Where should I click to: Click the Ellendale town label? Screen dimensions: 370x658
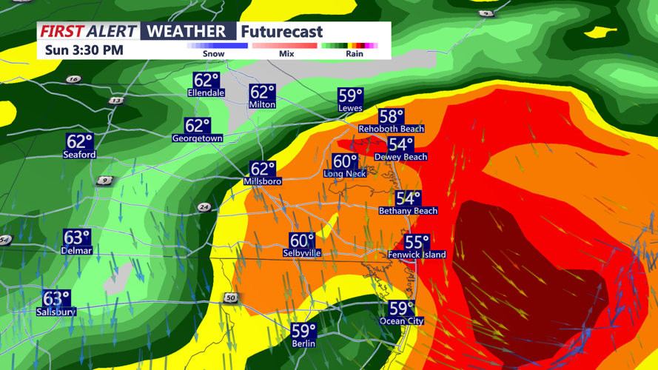[x=207, y=93]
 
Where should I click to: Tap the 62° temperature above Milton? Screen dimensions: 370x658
[x=262, y=92]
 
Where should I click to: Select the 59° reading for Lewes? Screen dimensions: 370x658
[x=350, y=95]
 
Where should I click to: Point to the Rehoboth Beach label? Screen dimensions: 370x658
[x=391, y=129]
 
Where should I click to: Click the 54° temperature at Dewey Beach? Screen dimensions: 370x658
[x=400, y=144]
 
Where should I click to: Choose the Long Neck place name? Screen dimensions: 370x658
[x=345, y=173]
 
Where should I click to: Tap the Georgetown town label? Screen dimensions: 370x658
[x=198, y=138]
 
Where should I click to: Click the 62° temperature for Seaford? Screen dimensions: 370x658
[x=79, y=141]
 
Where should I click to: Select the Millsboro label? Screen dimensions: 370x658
[x=263, y=181]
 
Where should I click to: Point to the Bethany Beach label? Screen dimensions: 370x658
[x=408, y=211]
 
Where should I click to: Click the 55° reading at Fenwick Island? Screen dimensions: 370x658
[x=417, y=242]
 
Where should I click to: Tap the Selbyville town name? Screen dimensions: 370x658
[x=302, y=253]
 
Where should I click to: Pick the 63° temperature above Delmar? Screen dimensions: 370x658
[x=76, y=238]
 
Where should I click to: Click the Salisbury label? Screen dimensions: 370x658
[x=56, y=312]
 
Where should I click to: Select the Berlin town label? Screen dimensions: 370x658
[x=303, y=343]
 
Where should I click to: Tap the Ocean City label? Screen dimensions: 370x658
[x=402, y=321]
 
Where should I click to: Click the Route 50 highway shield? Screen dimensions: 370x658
[x=230, y=297]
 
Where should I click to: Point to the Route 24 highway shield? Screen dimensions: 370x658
[x=204, y=207]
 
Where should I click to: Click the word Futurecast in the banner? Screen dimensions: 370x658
[x=282, y=32]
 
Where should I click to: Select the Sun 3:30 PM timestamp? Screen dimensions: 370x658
[x=84, y=50]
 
